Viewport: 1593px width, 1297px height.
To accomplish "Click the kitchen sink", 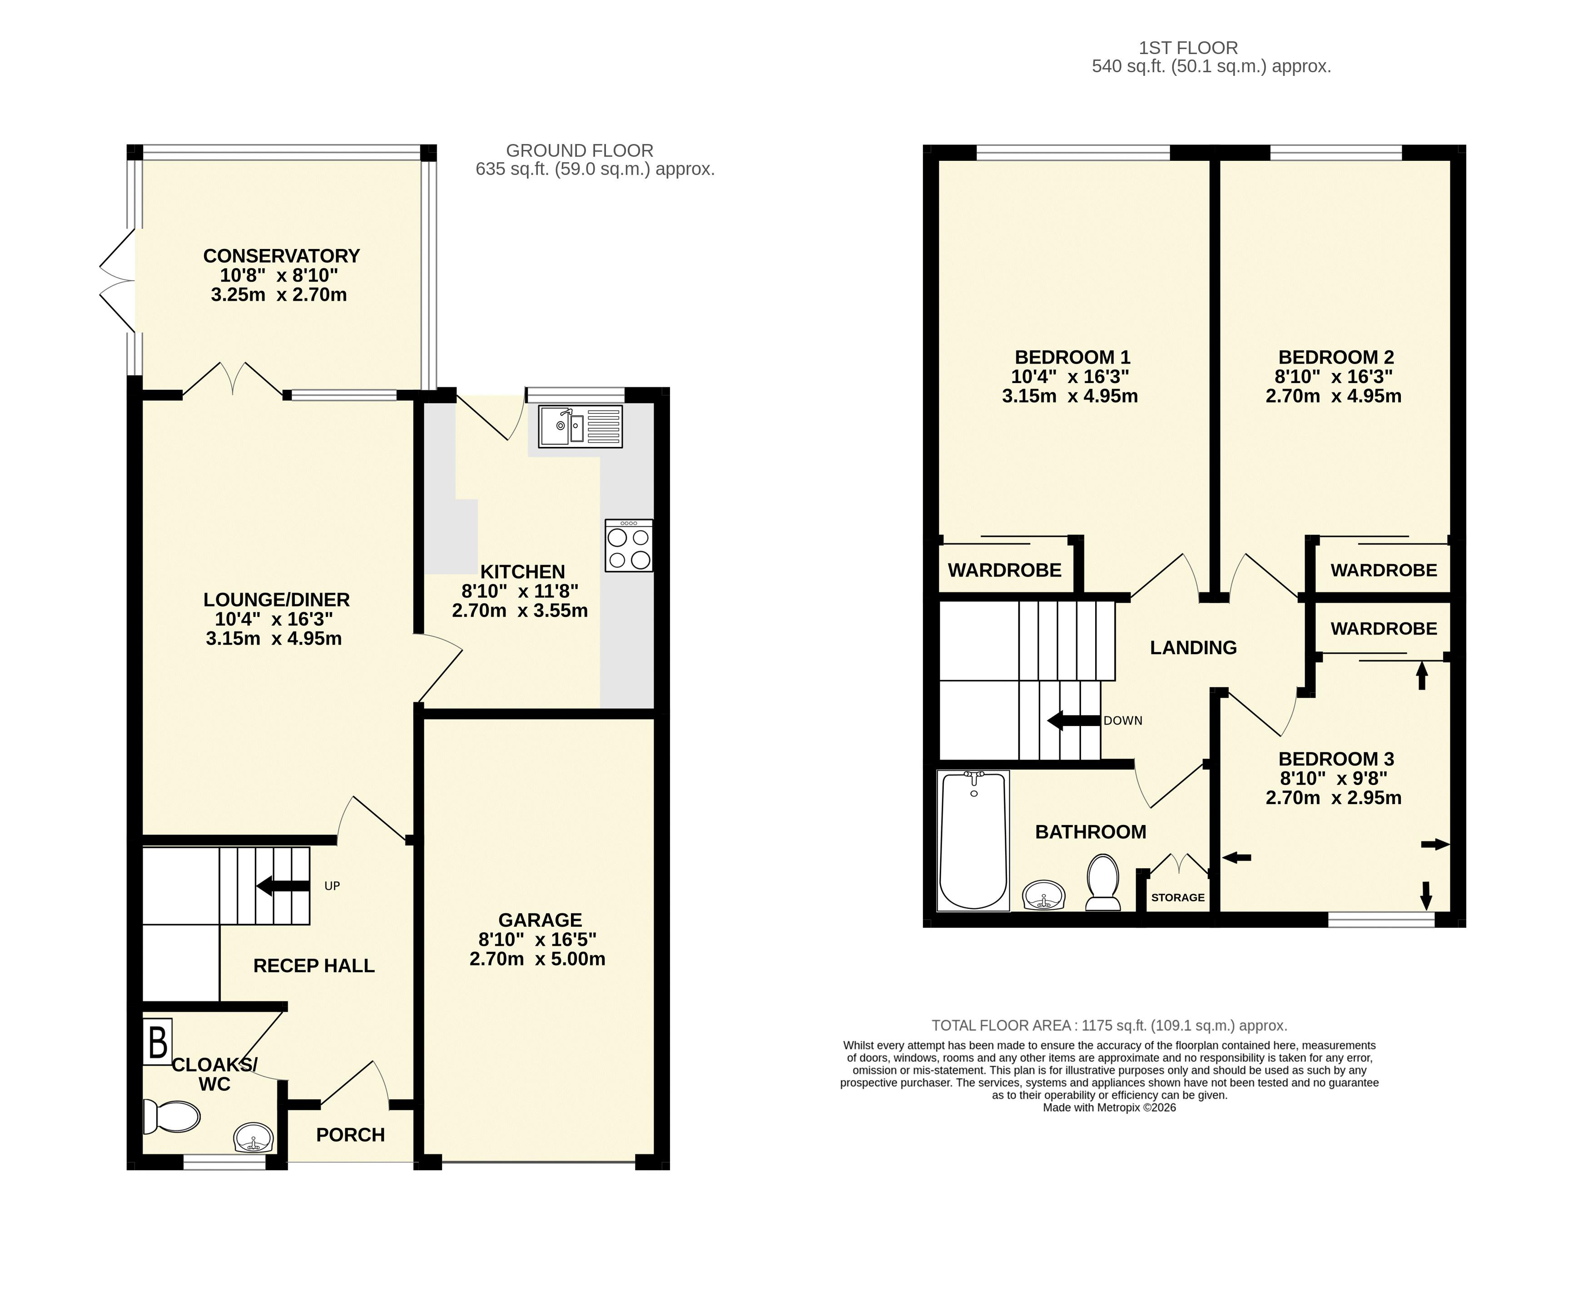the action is click(x=580, y=427).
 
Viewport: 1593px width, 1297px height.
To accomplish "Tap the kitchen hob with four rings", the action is click(x=629, y=546).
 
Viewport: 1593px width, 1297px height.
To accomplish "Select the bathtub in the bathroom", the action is click(x=973, y=840).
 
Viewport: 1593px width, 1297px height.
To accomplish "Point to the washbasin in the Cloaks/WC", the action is click(x=254, y=1138).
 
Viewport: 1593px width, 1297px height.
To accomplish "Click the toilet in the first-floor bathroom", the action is click(x=1102, y=882).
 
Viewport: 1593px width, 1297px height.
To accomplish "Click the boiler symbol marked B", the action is click(x=158, y=1042).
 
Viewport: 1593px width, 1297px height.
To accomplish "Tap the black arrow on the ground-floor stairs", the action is click(x=282, y=886).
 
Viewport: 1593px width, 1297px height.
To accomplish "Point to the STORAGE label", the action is click(x=1178, y=897).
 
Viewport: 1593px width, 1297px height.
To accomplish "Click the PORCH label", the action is click(x=350, y=1135).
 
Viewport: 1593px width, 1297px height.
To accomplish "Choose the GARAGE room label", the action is click(x=540, y=919).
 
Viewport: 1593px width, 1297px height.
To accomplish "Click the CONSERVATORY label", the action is click(x=282, y=255).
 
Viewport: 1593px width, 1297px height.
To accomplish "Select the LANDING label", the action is click(x=1193, y=648).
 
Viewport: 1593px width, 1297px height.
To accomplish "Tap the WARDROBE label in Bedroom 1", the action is click(x=1004, y=570).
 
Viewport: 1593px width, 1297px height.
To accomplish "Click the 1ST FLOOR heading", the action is click(x=1188, y=48).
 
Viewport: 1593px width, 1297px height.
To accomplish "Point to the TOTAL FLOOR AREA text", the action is click(x=1110, y=1026).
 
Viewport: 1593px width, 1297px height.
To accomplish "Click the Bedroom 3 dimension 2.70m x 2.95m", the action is click(x=1333, y=798).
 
